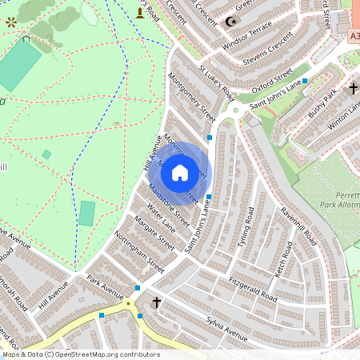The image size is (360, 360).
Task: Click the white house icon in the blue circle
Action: point(180,173)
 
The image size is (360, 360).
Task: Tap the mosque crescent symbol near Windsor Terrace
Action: point(234,22)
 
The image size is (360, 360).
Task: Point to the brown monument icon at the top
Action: point(141,12)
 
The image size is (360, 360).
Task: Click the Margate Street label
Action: point(154,232)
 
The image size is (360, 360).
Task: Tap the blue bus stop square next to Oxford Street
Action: point(305,81)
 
